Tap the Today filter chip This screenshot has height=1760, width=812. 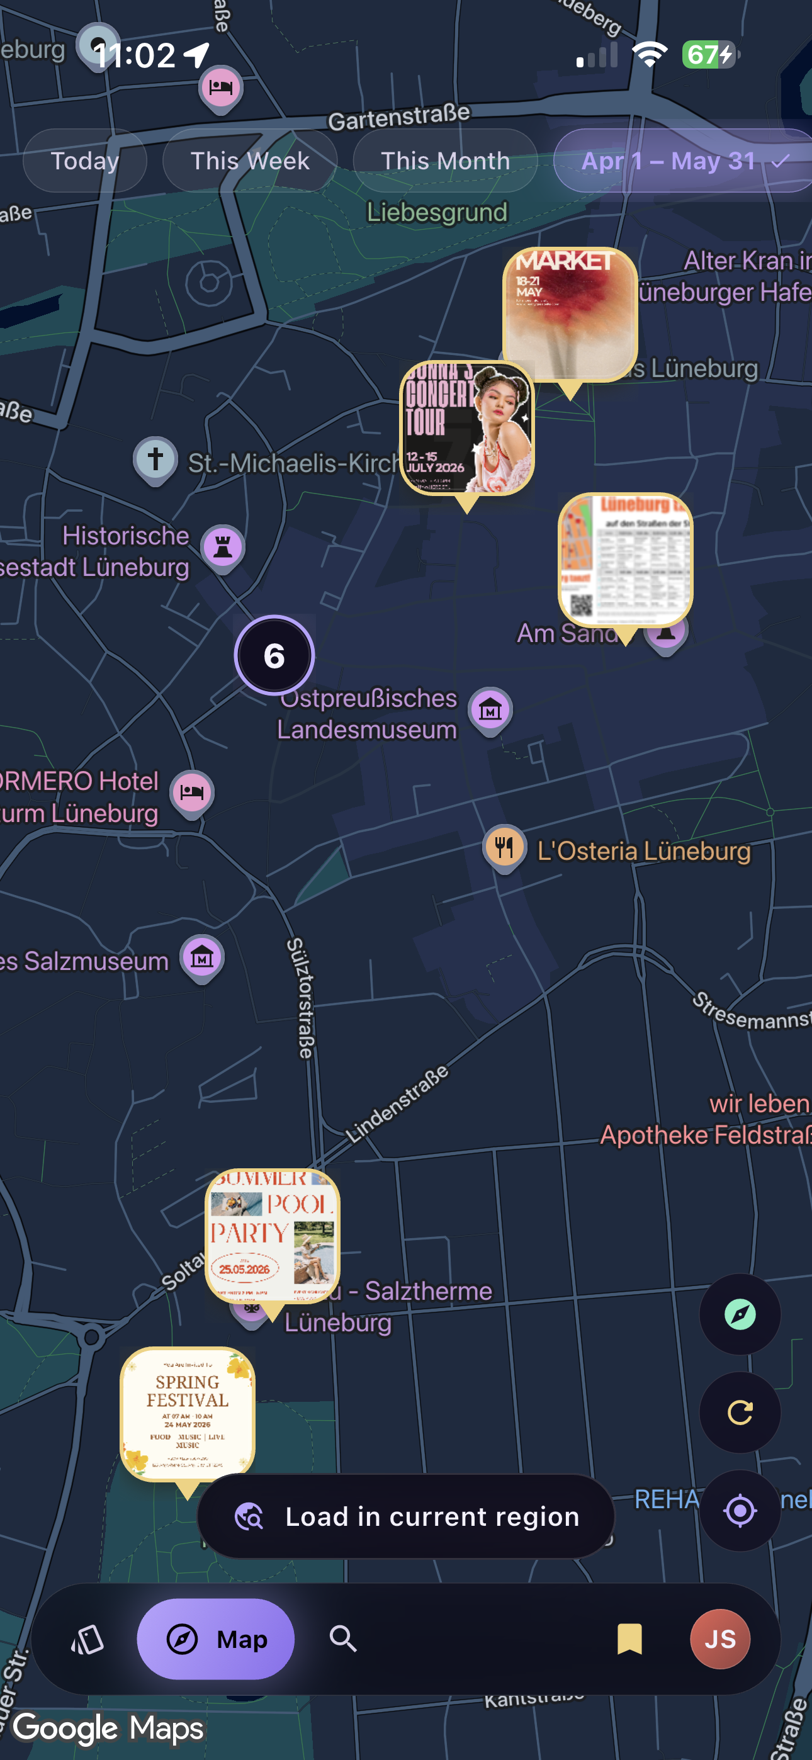(x=85, y=161)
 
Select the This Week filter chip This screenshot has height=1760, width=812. (x=249, y=161)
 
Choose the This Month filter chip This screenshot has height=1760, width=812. (x=445, y=161)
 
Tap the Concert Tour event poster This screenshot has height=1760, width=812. (x=466, y=427)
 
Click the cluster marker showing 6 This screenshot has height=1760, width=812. (x=274, y=655)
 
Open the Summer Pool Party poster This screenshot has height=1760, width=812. (x=272, y=1235)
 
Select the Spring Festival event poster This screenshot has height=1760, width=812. (x=188, y=1413)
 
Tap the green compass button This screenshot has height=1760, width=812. (x=740, y=1313)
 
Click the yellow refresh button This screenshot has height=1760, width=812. (x=740, y=1411)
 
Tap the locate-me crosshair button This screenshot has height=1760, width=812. (x=740, y=1510)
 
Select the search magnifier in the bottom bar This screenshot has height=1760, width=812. (x=343, y=1639)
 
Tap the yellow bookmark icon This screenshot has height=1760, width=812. (x=629, y=1639)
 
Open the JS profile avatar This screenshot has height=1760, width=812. (x=719, y=1639)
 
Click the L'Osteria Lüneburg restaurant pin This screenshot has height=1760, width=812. (x=504, y=847)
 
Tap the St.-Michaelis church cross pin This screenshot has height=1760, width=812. (x=155, y=459)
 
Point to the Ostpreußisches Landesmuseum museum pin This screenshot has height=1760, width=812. (x=490, y=710)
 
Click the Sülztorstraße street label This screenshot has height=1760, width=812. (x=300, y=998)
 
